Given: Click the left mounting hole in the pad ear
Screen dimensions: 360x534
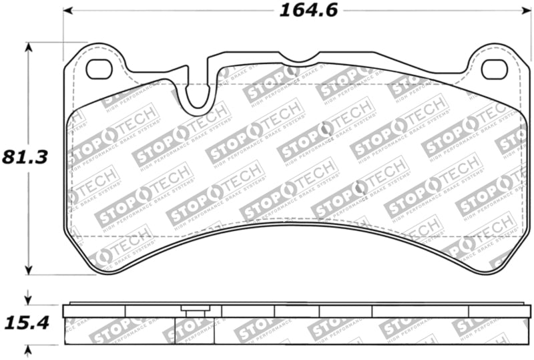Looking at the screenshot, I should click(x=99, y=69).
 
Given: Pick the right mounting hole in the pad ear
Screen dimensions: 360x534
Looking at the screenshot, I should click(x=494, y=68).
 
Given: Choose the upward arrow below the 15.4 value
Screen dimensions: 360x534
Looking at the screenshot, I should click(x=28, y=350).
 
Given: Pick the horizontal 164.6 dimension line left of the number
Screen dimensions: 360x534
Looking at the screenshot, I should click(x=167, y=11).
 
